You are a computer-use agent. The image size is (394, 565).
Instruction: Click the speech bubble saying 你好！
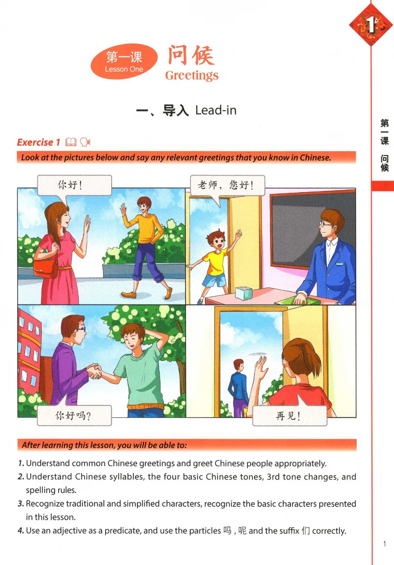pos(74,185)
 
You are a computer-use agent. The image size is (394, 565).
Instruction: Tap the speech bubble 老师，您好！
pos(227,185)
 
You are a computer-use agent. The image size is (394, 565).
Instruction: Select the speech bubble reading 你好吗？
pos(74,416)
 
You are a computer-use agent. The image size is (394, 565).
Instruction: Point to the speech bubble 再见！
pos(289,416)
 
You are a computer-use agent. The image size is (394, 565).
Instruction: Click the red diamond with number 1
pos(371,25)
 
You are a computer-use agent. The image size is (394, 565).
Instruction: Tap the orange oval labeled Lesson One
pos(124,62)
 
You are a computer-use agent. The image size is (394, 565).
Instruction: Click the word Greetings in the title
pos(192,75)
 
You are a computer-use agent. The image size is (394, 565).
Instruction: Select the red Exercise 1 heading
pos(39,142)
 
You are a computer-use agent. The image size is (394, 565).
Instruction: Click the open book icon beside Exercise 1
pos(71,142)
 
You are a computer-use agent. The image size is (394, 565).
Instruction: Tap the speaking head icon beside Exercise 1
pos(85,142)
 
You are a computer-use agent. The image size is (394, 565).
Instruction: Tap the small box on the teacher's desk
pos(243,293)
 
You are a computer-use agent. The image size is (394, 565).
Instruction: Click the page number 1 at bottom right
pos(385,544)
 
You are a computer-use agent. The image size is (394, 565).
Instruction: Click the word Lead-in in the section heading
pos(216,110)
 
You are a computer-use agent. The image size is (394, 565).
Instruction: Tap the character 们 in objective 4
pos(306,531)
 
